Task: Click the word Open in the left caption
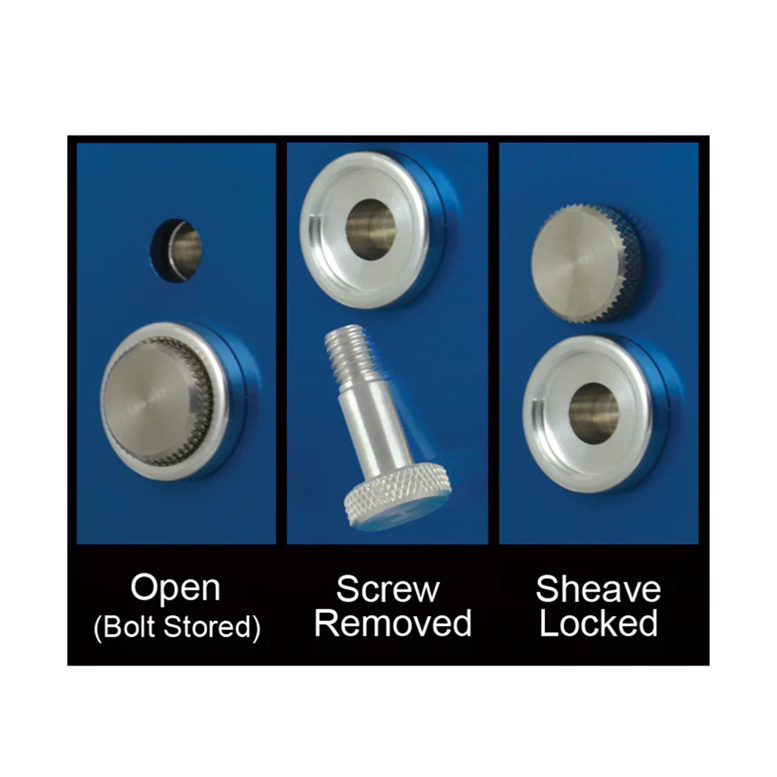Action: tap(175, 589)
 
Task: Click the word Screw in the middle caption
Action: tap(388, 590)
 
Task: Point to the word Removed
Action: tap(393, 624)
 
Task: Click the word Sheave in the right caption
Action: tap(598, 590)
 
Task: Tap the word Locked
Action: tap(598, 624)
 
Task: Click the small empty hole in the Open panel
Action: tap(176, 251)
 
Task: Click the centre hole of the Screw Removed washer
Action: tap(371, 229)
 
